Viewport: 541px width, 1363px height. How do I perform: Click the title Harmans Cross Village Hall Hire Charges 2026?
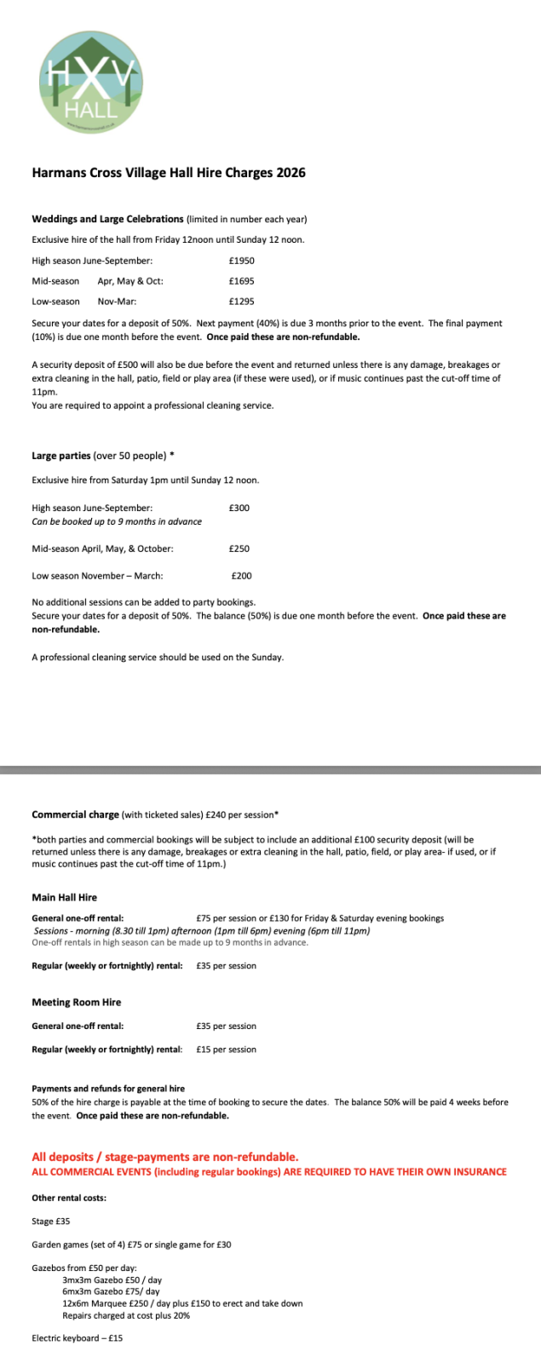pos(169,172)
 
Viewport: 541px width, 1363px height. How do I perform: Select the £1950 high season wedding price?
pos(242,261)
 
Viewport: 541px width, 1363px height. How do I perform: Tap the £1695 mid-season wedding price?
pos(242,281)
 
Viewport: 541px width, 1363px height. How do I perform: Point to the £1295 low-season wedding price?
pos(242,302)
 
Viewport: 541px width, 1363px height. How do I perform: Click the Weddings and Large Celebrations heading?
pos(107,219)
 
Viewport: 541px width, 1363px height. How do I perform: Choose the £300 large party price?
pos(239,508)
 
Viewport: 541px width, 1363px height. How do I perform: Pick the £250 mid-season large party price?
pos(239,549)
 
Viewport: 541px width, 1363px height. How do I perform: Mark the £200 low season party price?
pos(241,576)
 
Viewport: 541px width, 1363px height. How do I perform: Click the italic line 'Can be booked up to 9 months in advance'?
pos(117,521)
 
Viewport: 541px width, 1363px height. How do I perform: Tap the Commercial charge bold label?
pos(75,814)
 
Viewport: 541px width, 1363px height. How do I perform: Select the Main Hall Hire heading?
pos(65,897)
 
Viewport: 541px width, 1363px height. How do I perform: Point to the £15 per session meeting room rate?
pos(226,1050)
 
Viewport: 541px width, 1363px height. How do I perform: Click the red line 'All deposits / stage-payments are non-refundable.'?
pos(165,1157)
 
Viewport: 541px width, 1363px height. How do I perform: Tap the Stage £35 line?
pos(51,1221)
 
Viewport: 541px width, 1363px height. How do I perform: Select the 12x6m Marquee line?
pos(182,1303)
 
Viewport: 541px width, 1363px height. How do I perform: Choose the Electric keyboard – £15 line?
pos(78,1338)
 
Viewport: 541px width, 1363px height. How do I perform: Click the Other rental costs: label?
pos(69,1198)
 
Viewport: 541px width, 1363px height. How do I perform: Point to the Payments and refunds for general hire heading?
pos(108,1089)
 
